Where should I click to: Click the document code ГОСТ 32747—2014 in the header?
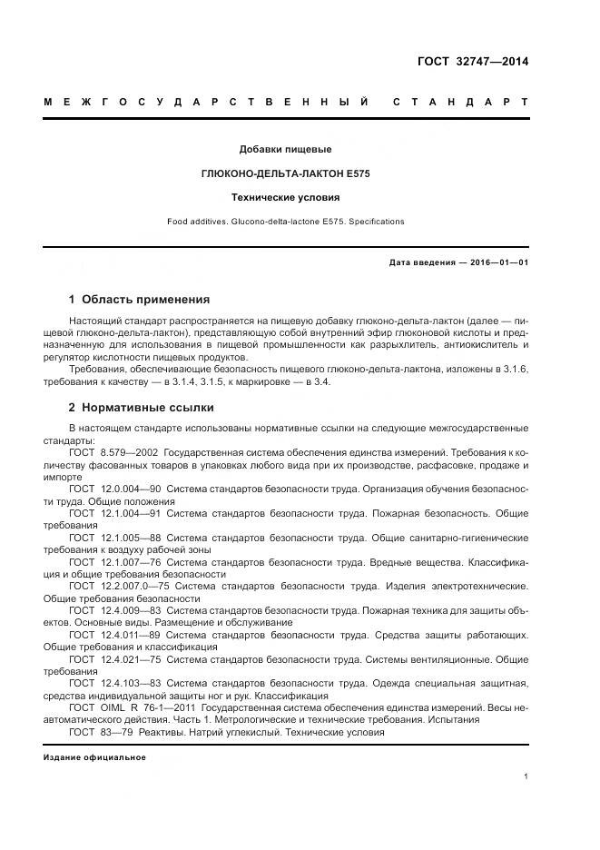(472, 62)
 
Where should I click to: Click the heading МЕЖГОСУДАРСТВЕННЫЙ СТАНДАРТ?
(286, 102)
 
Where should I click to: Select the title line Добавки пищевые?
(285, 148)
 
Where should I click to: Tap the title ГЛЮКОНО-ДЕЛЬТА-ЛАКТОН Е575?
(285, 173)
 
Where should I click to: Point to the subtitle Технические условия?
(285, 196)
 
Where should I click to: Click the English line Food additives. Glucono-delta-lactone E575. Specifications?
(285, 222)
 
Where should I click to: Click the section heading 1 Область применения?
(139, 299)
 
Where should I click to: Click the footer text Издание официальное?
(94, 757)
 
